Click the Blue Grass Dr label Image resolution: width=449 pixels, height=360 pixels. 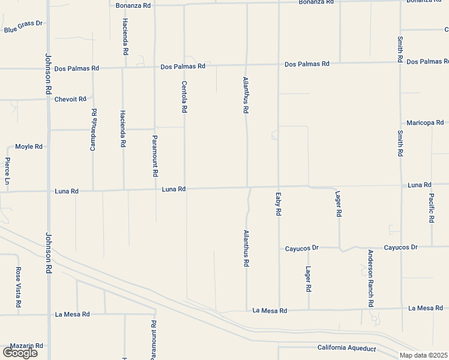point(24,26)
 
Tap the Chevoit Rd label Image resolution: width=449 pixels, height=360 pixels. point(70,99)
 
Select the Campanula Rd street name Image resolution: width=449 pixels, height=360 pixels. point(94,130)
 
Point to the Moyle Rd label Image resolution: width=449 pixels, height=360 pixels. point(29,146)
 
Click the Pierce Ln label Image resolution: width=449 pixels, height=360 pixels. point(8,171)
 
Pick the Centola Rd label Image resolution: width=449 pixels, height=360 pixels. point(185,97)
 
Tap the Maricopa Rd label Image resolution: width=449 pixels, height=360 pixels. point(424,122)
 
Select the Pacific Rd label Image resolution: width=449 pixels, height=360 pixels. point(432,208)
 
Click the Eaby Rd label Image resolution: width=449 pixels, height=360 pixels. point(279,205)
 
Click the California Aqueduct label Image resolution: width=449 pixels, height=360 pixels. point(346,348)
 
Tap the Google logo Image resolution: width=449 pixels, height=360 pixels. point(20,353)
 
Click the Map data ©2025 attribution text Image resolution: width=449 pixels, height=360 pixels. point(424,355)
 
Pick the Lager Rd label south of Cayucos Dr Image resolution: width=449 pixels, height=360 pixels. point(309,279)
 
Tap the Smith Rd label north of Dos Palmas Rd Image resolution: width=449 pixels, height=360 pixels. point(400,50)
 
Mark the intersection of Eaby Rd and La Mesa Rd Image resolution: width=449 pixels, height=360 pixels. point(279,310)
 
